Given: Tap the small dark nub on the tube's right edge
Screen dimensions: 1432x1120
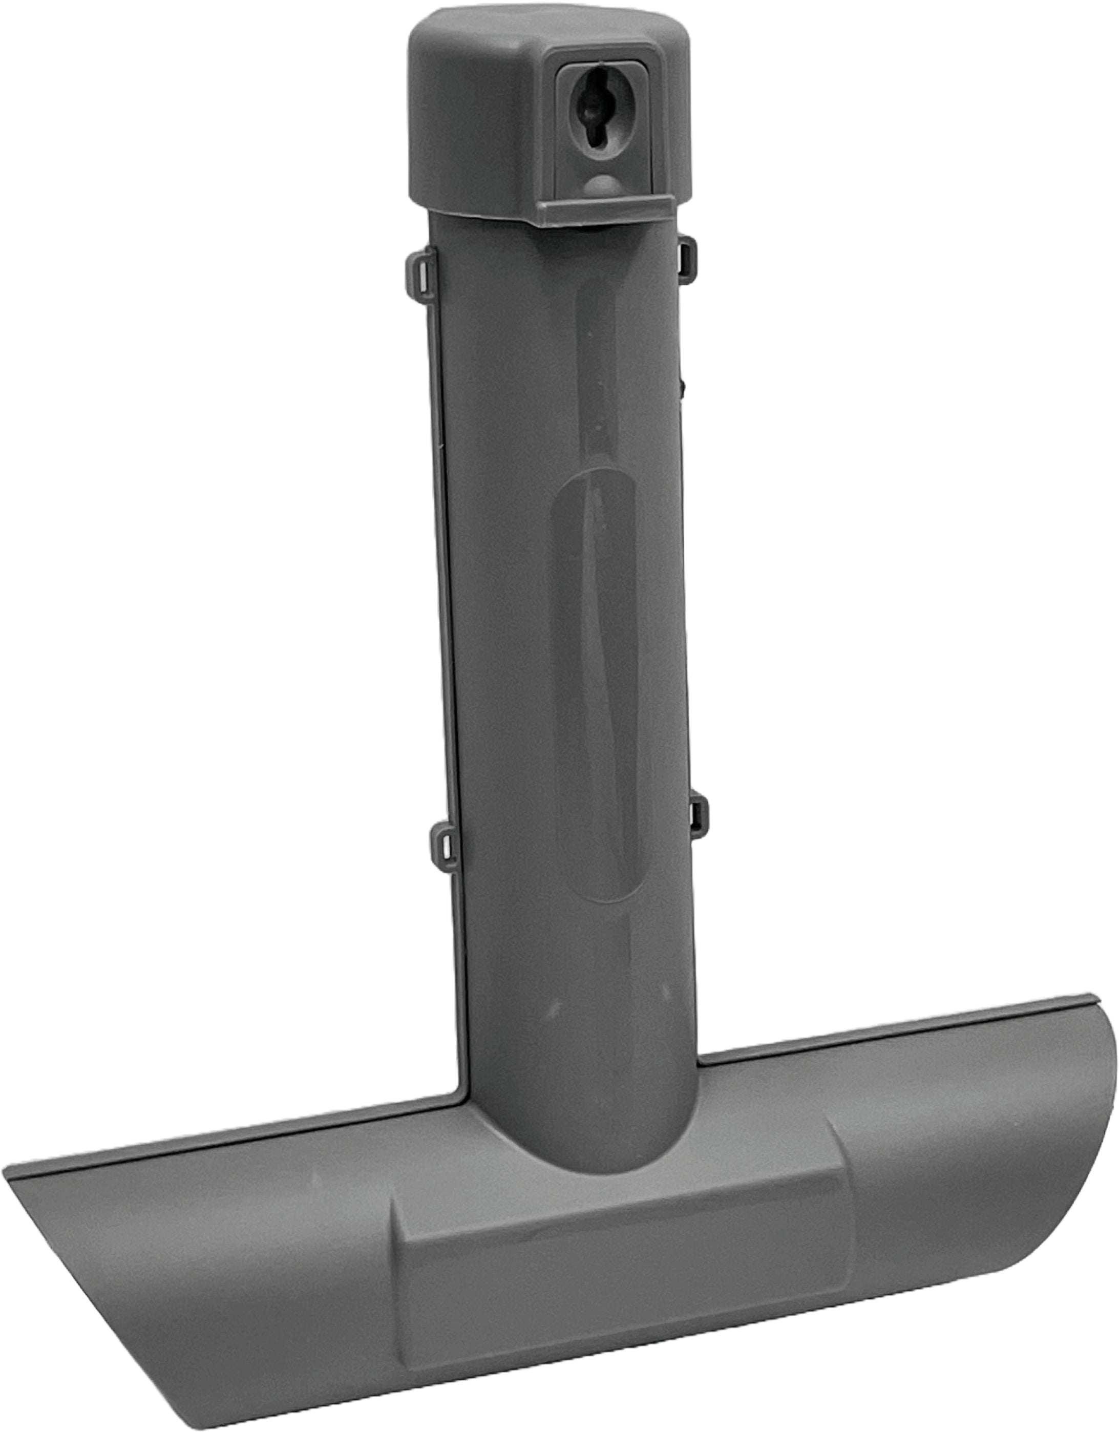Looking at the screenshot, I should click(x=683, y=386).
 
